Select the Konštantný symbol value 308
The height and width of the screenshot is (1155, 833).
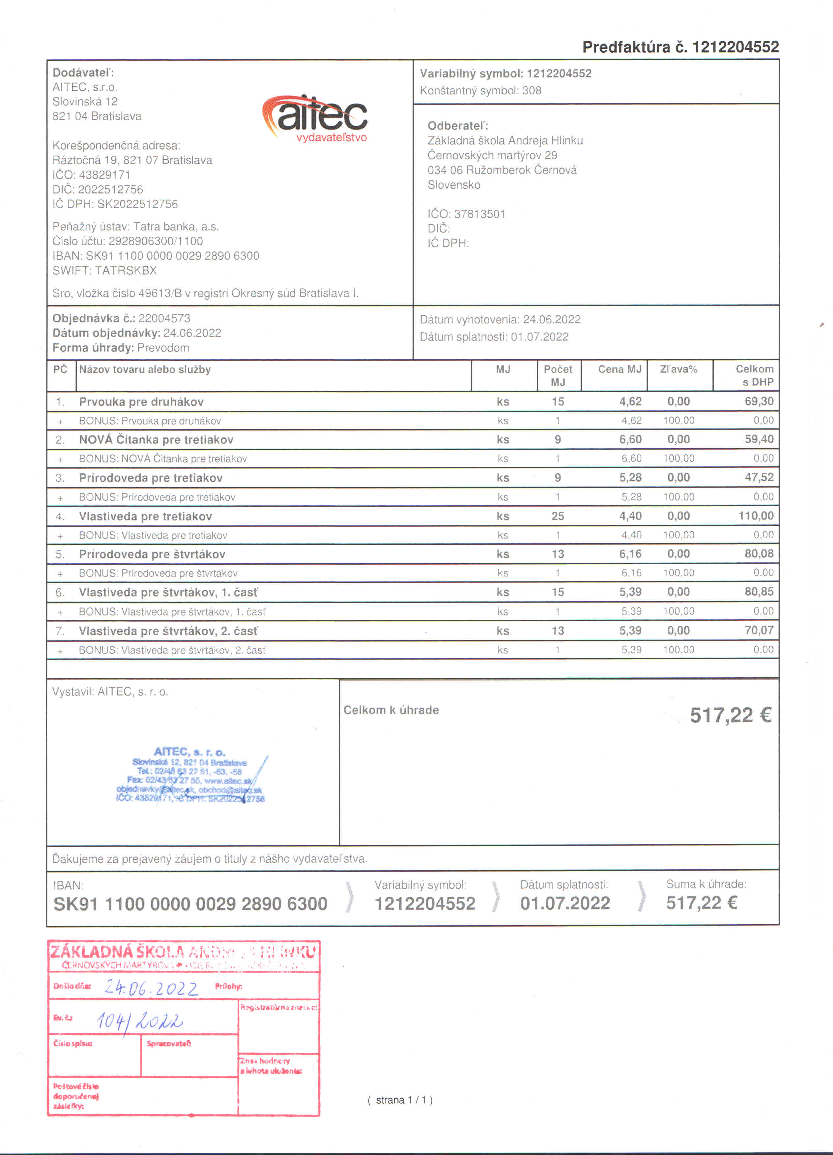[x=531, y=91]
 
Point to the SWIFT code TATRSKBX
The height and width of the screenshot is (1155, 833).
[x=126, y=270]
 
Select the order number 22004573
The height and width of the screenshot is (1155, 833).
[x=164, y=318]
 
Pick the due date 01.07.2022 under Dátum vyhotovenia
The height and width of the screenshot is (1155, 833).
[x=540, y=337]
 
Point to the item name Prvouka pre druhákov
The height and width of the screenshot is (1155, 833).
[x=141, y=402]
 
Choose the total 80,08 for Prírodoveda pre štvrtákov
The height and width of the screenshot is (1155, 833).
[x=759, y=553]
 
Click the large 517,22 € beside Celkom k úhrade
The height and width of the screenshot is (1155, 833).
[x=730, y=716]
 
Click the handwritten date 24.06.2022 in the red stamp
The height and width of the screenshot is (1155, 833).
[x=151, y=989]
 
